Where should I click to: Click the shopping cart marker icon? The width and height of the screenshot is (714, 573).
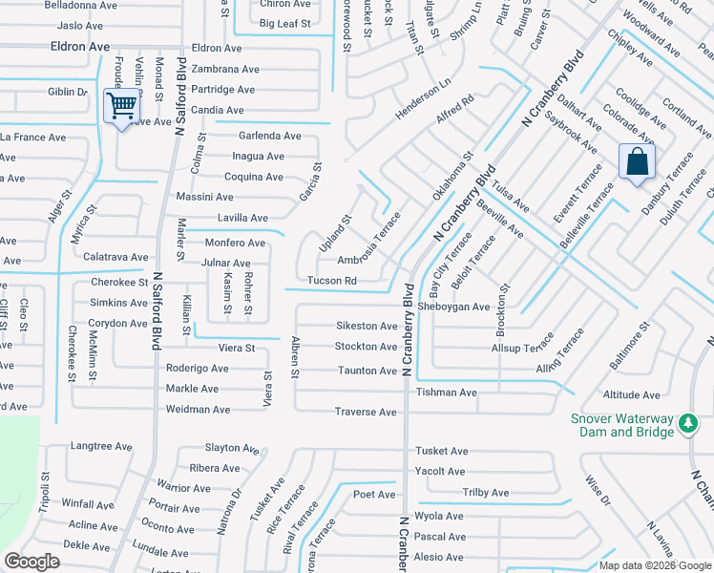[121, 106]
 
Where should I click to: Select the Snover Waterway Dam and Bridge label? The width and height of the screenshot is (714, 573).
[623, 424]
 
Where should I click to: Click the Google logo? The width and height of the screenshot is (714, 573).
[31, 562]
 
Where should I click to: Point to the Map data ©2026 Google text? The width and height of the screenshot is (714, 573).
[654, 565]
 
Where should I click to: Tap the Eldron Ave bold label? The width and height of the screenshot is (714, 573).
[80, 46]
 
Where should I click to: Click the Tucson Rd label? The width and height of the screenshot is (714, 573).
[332, 281]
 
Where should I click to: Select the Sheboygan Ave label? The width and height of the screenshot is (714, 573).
[453, 307]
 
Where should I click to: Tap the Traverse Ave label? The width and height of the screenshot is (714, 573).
[366, 413]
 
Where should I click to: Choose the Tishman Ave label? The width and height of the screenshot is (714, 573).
[446, 393]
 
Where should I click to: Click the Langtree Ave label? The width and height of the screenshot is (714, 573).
[101, 446]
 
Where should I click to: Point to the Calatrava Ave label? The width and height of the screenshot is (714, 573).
[115, 257]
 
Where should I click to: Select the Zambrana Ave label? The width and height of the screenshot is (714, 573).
[225, 69]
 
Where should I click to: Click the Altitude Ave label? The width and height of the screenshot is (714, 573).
[632, 394]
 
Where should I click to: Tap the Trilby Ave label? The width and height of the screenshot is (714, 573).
[486, 493]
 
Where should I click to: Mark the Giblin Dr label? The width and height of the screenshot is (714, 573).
[68, 92]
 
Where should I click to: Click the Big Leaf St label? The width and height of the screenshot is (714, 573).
[285, 23]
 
